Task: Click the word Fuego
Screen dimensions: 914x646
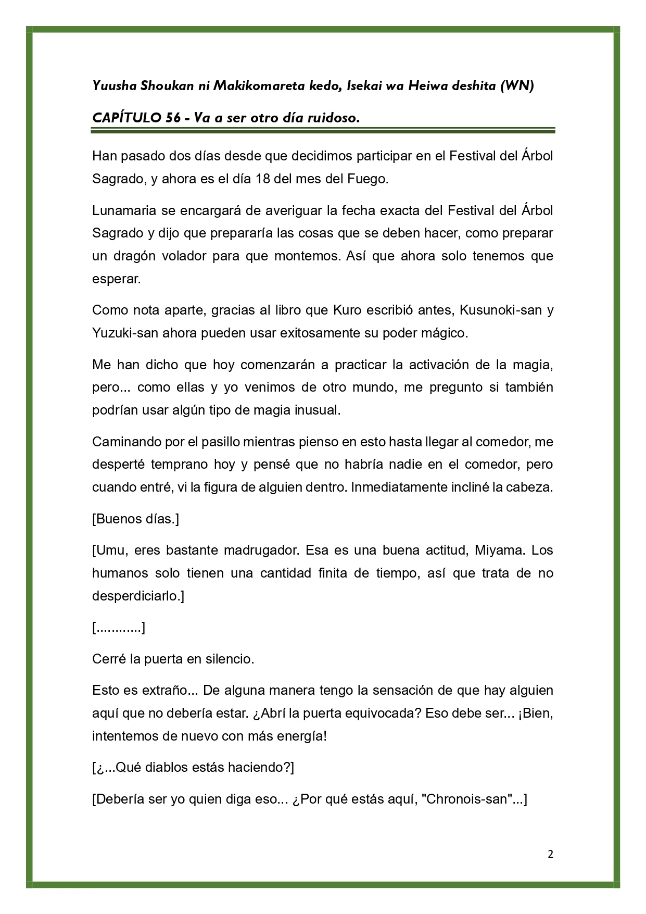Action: pyautogui.click(x=370, y=179)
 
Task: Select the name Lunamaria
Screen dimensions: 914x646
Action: pyautogui.click(x=121, y=210)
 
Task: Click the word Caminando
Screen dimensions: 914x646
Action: pyautogui.click(x=125, y=442)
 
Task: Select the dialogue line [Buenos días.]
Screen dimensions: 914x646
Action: pyautogui.click(x=135, y=519)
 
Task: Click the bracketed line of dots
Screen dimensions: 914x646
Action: pyautogui.click(x=119, y=628)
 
